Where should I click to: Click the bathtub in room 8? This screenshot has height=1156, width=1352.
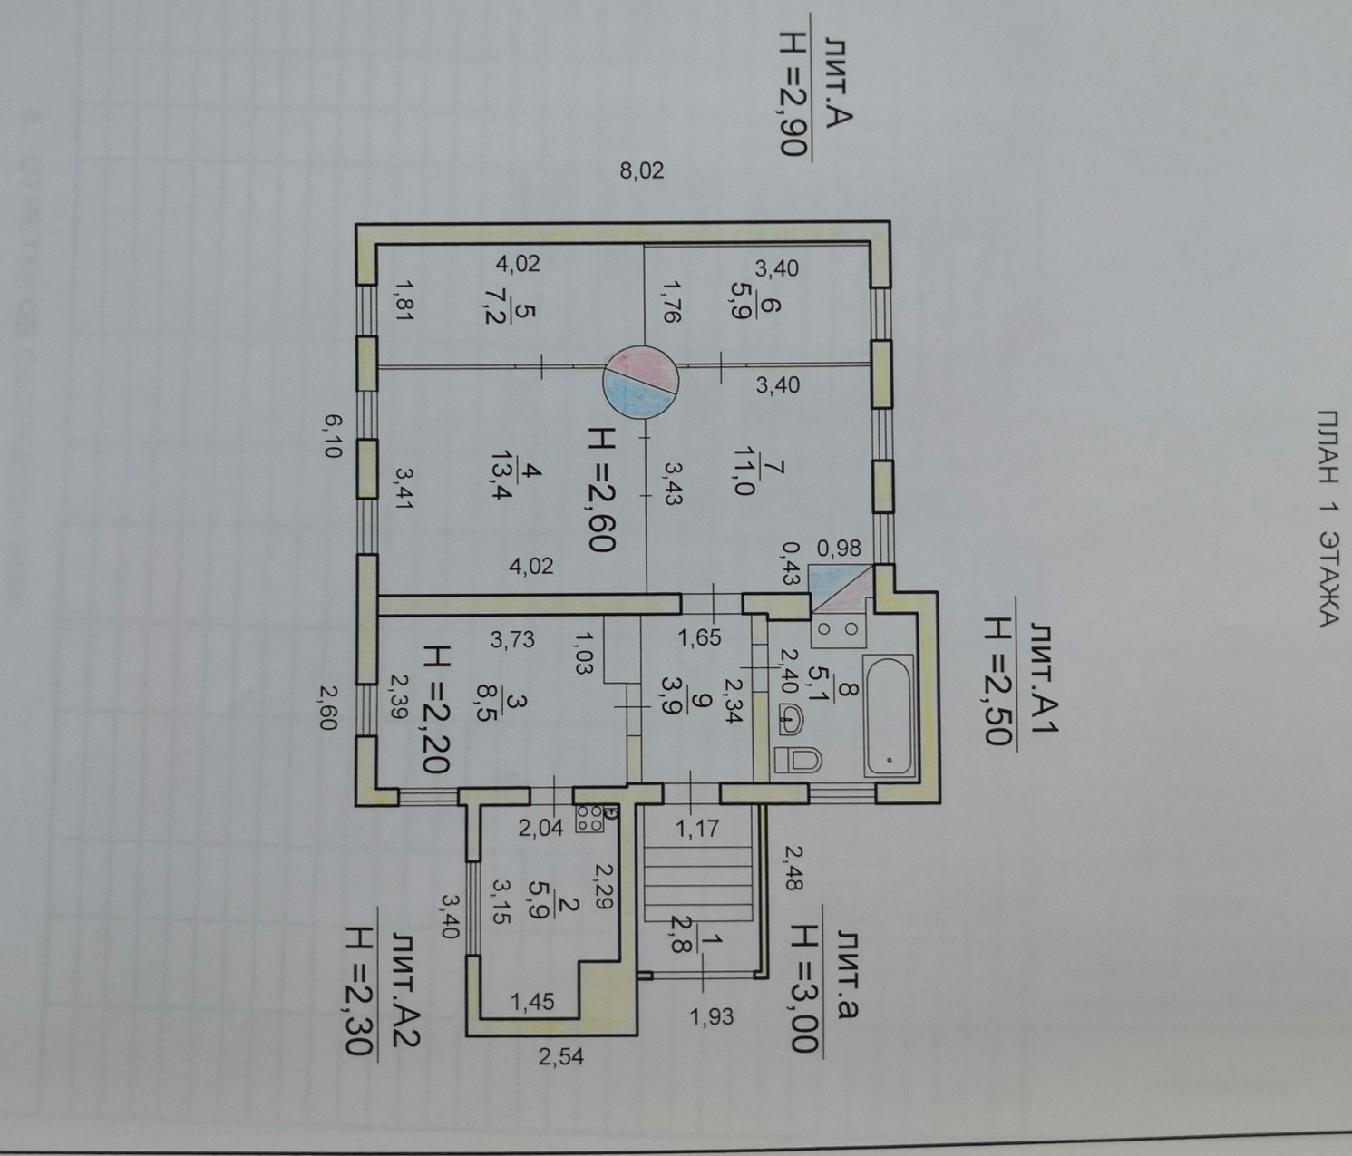[888, 717]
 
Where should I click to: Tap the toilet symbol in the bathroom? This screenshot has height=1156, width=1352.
[798, 759]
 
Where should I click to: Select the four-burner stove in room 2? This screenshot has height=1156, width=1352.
[589, 819]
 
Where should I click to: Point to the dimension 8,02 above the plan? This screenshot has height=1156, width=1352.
[642, 170]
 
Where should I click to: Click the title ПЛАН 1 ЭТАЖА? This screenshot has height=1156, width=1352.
[1327, 518]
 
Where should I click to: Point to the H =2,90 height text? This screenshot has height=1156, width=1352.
[159, 94]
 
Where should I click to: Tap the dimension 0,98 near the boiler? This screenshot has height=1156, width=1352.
[839, 549]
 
